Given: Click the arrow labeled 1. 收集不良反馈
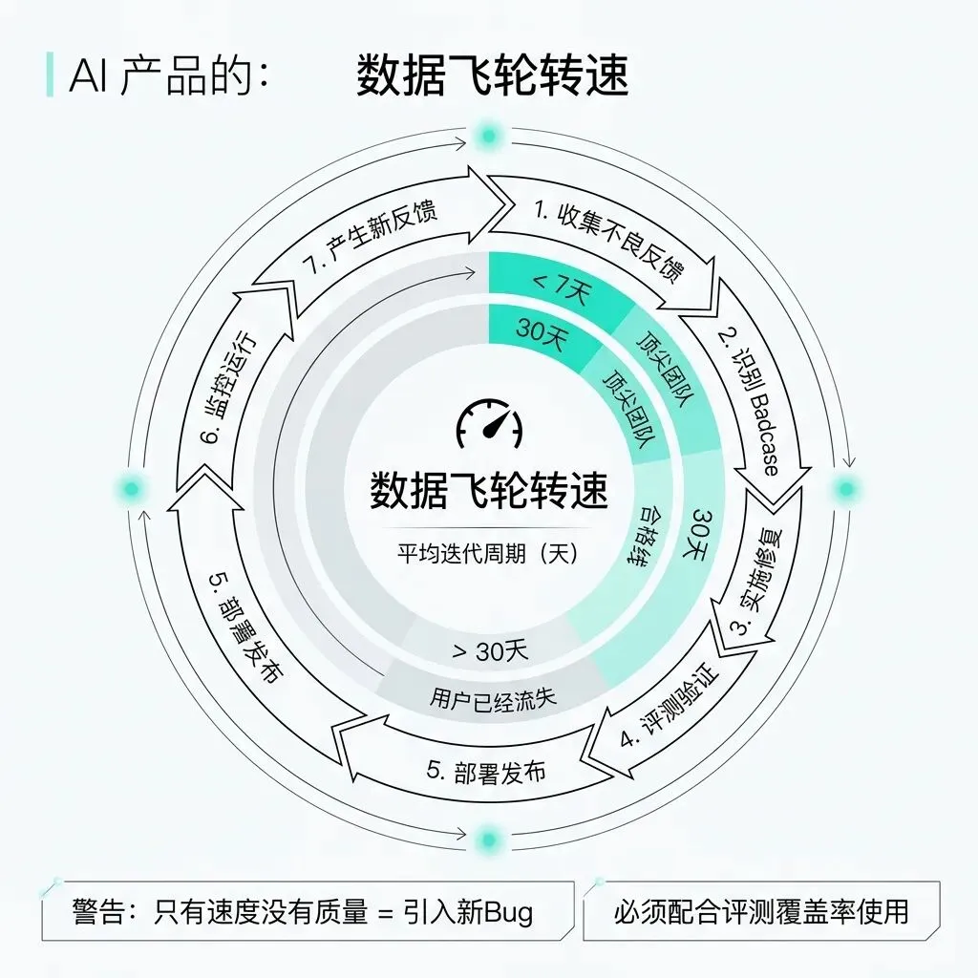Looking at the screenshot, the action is (x=608, y=240).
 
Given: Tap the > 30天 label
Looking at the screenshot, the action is (x=489, y=651).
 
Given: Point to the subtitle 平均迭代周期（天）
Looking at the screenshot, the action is (x=489, y=553).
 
